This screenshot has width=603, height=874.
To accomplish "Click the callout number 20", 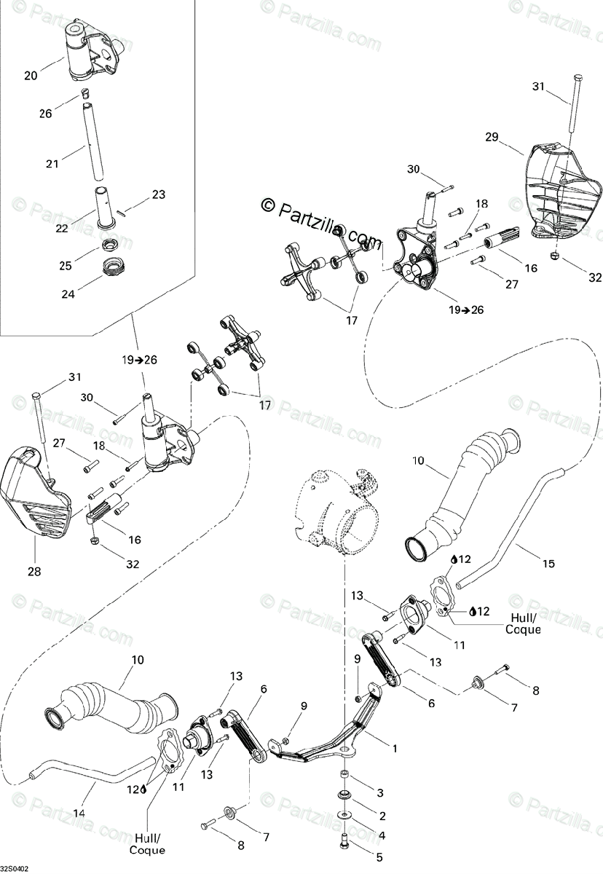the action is tap(31, 75).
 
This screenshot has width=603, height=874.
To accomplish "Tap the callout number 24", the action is tap(68, 294).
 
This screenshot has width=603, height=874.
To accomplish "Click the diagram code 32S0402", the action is tap(15, 870).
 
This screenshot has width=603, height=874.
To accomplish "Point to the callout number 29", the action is tap(492, 137).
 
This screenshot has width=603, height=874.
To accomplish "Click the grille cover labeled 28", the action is tap(36, 492).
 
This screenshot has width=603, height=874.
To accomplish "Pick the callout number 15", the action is tap(548, 564).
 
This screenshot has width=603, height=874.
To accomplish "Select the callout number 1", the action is tap(395, 749).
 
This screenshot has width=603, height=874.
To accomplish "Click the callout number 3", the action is tap(380, 792).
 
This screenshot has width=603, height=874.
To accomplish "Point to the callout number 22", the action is tap(62, 228).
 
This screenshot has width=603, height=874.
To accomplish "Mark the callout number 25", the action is tap(66, 265).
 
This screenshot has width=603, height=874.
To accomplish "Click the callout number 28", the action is tap(34, 572).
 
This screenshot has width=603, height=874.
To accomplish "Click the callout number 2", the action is tap(382, 816).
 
